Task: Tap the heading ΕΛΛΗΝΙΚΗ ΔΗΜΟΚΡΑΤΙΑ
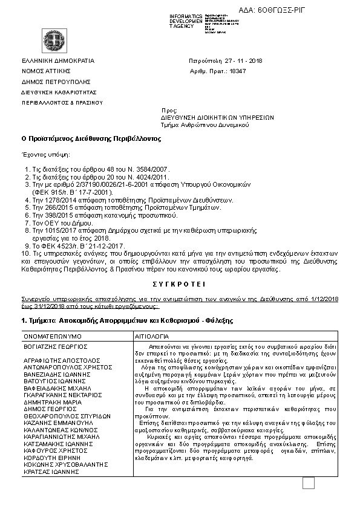58,61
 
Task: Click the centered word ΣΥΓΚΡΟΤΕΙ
180,283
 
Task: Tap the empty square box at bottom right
309,482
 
